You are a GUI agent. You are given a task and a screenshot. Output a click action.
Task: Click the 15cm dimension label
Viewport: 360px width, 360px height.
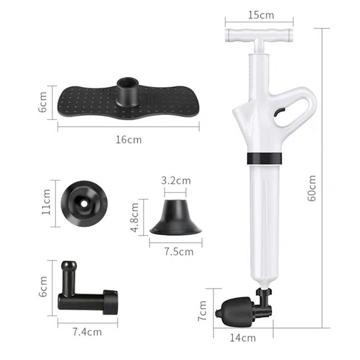261,15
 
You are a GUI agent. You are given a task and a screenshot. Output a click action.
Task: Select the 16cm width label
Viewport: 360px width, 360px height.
128,139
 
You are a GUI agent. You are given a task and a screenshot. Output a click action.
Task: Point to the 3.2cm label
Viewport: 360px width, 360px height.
176,181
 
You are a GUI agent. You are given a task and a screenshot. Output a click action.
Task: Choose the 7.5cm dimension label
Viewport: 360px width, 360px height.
179,251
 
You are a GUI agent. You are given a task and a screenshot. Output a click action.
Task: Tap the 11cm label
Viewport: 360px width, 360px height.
46,204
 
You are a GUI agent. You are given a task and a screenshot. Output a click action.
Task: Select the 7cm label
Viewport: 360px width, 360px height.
204,311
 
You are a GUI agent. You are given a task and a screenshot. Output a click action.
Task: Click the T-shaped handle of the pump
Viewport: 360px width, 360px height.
259,34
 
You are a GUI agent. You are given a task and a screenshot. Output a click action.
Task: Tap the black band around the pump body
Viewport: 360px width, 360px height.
264,158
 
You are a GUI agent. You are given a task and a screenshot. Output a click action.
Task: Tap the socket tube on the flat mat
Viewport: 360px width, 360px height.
127,89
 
